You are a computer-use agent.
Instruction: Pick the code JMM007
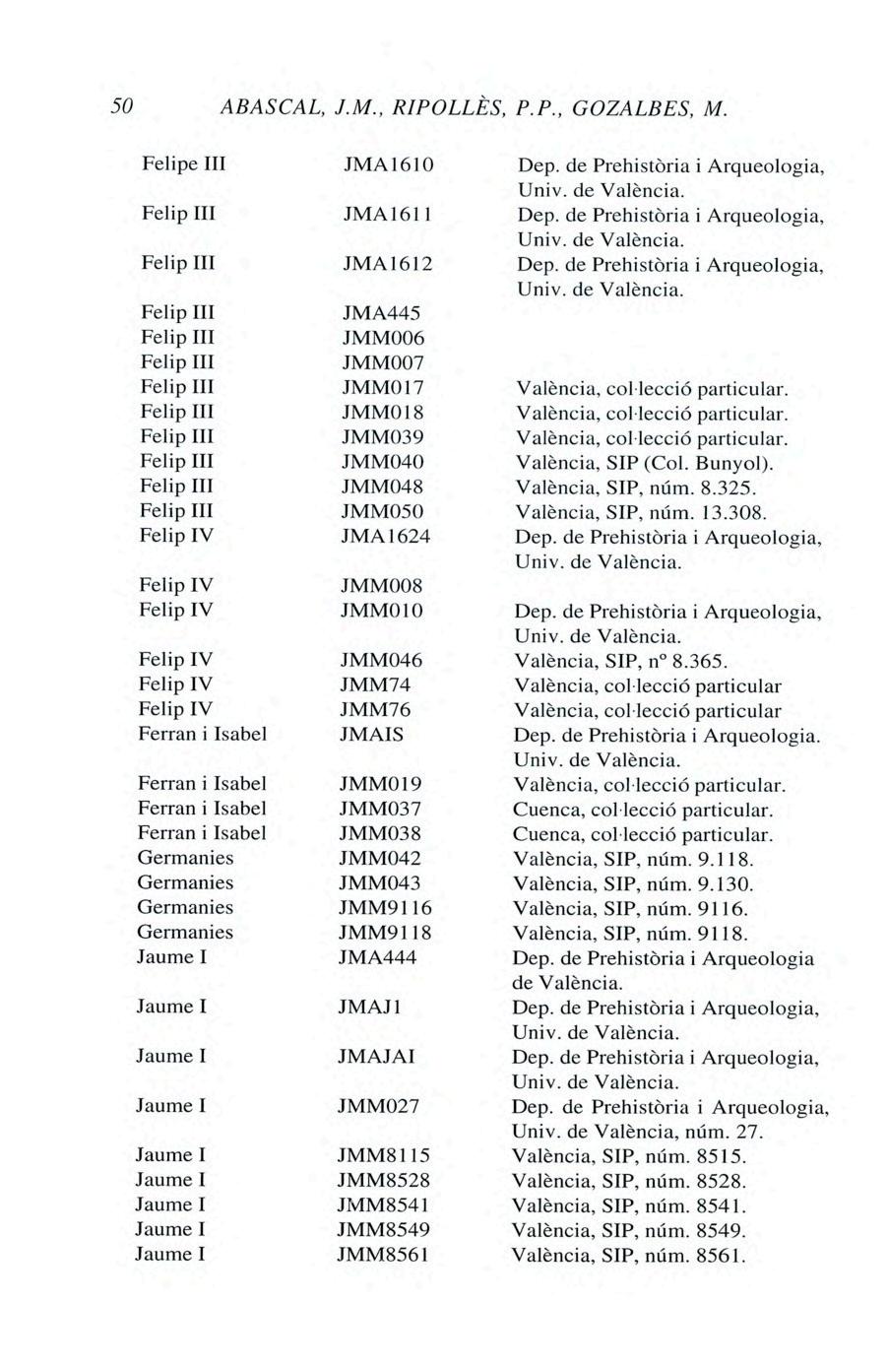tap(382, 361)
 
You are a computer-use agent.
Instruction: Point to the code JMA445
tap(380, 312)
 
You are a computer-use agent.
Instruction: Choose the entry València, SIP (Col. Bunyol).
tap(645, 461)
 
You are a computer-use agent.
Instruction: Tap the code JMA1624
tap(385, 536)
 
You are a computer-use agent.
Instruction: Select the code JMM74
tap(375, 684)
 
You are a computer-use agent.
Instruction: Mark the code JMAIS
tap(372, 735)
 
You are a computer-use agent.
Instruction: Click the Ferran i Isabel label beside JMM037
tap(202, 809)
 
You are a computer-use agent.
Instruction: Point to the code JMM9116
tap(385, 908)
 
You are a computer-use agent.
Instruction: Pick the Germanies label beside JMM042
tap(185, 858)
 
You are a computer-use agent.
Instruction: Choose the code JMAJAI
tap(376, 1057)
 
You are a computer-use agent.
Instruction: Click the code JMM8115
tap(383, 1155)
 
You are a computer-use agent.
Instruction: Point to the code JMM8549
tap(383, 1230)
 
